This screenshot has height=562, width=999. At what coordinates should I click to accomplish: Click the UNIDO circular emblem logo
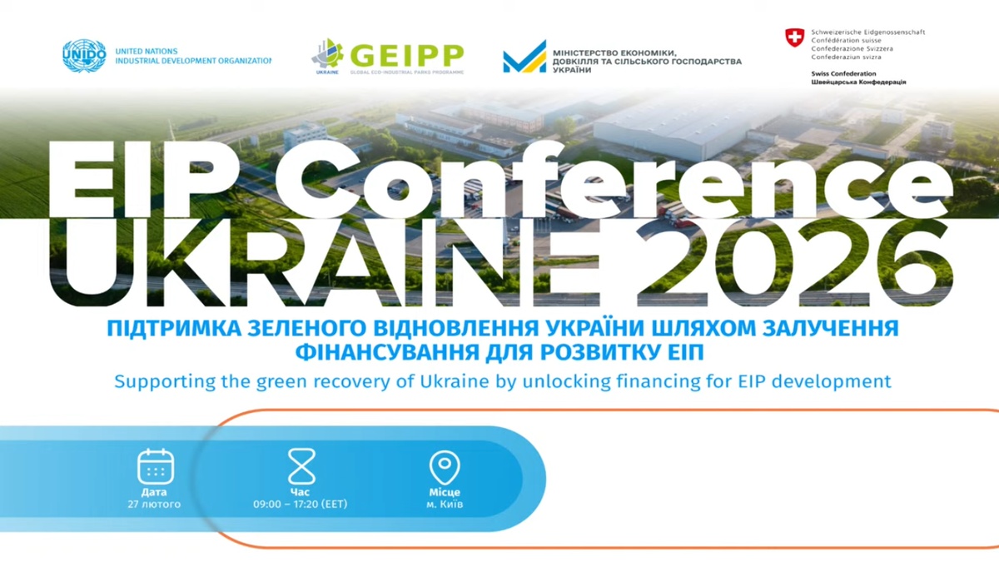84,56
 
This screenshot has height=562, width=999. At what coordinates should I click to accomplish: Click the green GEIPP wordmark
406,56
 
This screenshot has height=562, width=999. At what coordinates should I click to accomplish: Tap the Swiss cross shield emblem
795,37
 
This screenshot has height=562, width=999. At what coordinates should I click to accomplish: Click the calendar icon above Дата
155,466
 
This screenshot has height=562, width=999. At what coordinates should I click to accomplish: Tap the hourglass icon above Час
301,466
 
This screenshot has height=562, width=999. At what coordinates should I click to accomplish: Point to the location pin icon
444,468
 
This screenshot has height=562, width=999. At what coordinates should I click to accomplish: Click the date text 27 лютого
154,505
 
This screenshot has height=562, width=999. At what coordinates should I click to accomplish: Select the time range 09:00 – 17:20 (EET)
301,505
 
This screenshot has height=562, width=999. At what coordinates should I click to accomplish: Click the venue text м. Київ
445,505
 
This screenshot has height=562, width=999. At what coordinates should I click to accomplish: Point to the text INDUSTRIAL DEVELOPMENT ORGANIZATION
193,62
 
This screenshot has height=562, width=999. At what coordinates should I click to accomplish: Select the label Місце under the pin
444,493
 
